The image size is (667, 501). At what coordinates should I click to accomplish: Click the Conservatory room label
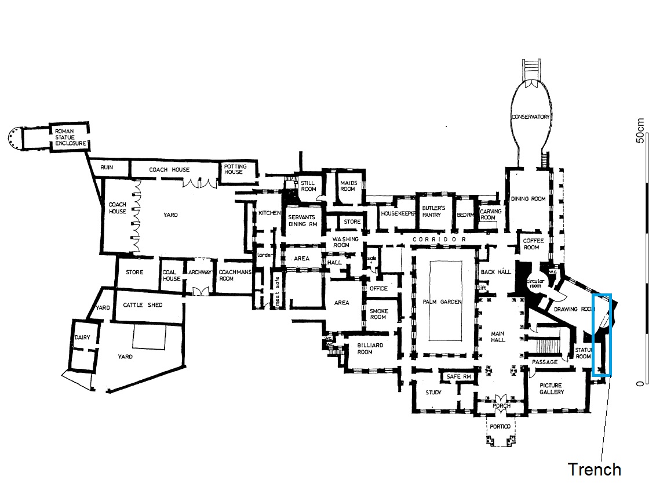click(530, 117)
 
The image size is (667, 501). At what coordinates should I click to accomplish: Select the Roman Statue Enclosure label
click(70, 137)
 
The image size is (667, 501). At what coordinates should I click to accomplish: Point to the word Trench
click(594, 469)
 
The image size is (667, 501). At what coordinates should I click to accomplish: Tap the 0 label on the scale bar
click(640, 384)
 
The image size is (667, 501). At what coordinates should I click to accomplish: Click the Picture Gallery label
click(551, 389)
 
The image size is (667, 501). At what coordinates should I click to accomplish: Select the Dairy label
click(82, 338)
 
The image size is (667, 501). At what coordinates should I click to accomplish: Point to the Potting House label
click(234, 169)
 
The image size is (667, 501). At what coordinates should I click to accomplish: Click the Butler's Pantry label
click(433, 211)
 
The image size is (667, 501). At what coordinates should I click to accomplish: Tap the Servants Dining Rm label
click(302, 221)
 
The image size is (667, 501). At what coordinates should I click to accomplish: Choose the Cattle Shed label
click(143, 305)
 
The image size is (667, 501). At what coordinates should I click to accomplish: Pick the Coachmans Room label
click(235, 275)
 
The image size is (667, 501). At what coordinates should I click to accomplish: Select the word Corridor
click(439, 239)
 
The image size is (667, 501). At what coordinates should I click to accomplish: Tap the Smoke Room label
click(378, 314)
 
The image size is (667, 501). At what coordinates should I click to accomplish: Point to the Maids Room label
click(347, 186)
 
